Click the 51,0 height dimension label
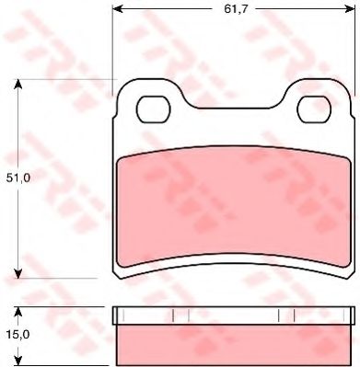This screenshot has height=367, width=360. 18,178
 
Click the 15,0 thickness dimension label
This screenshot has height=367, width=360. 18,335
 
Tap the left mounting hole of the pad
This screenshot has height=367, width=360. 154,109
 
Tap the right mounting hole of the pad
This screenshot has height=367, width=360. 314,109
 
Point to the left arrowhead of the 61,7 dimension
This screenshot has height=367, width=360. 118,9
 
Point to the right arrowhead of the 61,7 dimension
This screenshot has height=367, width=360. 350,9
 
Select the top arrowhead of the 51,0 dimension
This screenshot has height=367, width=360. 18,85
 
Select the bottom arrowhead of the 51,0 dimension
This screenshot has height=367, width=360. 18,273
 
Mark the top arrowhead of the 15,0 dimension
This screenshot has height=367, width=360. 18,312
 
